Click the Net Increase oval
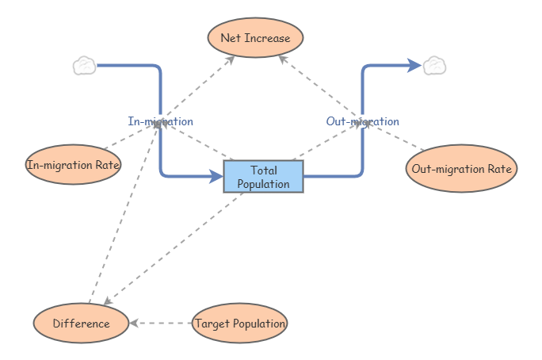coord(255,38)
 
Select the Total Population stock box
coord(263,176)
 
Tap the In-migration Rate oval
coord(73,165)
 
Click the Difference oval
coord(81,324)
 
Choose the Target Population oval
coord(239,324)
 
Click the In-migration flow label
coord(160,121)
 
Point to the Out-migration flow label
coord(362,121)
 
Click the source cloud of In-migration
coord(84,66)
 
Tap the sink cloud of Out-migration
coord(434,66)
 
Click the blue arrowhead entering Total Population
coord(216,176)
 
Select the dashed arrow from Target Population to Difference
coord(162,324)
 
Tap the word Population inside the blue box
coord(263,183)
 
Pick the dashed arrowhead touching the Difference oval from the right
coord(134,324)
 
